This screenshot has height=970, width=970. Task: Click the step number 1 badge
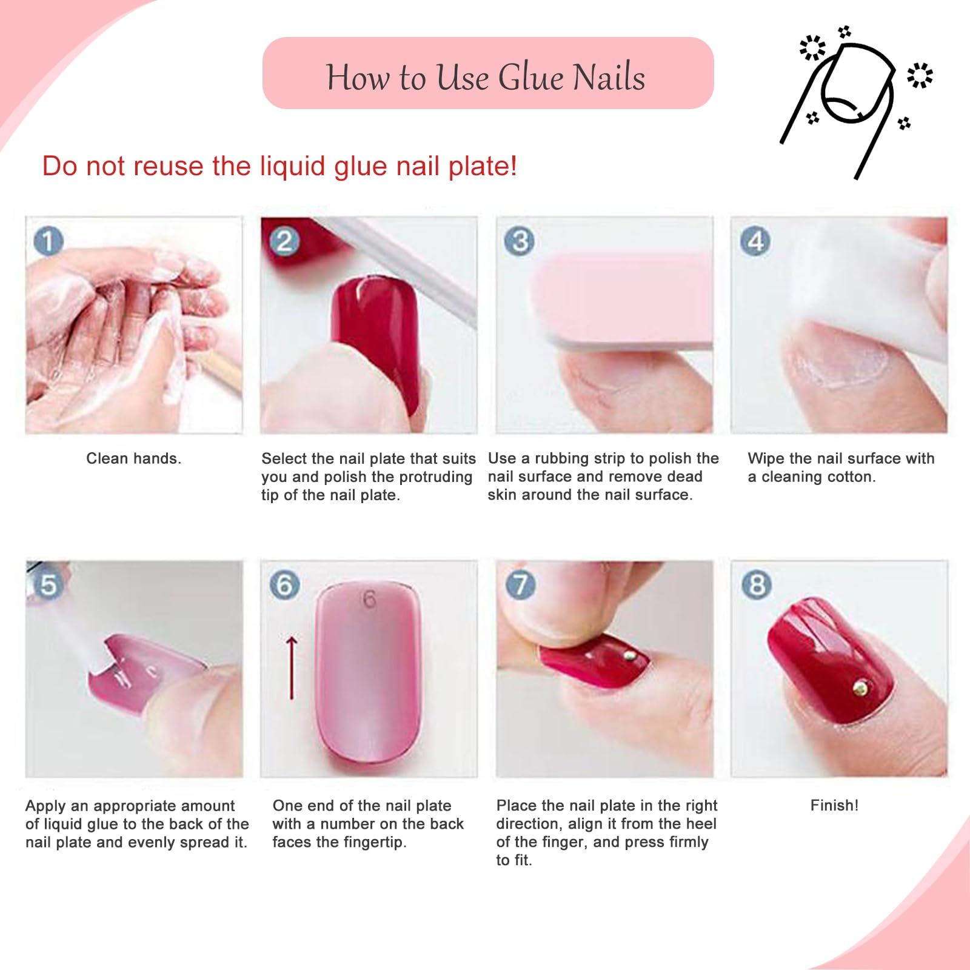point(48,241)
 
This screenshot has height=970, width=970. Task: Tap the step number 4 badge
point(755,241)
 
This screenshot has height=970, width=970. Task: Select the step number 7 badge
point(520,585)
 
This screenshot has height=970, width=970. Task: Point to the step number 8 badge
point(757,585)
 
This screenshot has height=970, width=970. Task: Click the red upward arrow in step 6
point(292,667)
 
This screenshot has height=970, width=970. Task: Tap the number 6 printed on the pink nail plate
point(369,600)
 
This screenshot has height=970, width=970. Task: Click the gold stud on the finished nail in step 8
point(860,687)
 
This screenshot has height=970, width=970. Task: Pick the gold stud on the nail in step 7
point(629,655)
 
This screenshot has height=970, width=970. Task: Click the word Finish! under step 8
point(834,805)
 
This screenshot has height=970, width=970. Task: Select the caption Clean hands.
point(133,458)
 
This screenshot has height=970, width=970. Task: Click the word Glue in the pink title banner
point(530,78)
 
